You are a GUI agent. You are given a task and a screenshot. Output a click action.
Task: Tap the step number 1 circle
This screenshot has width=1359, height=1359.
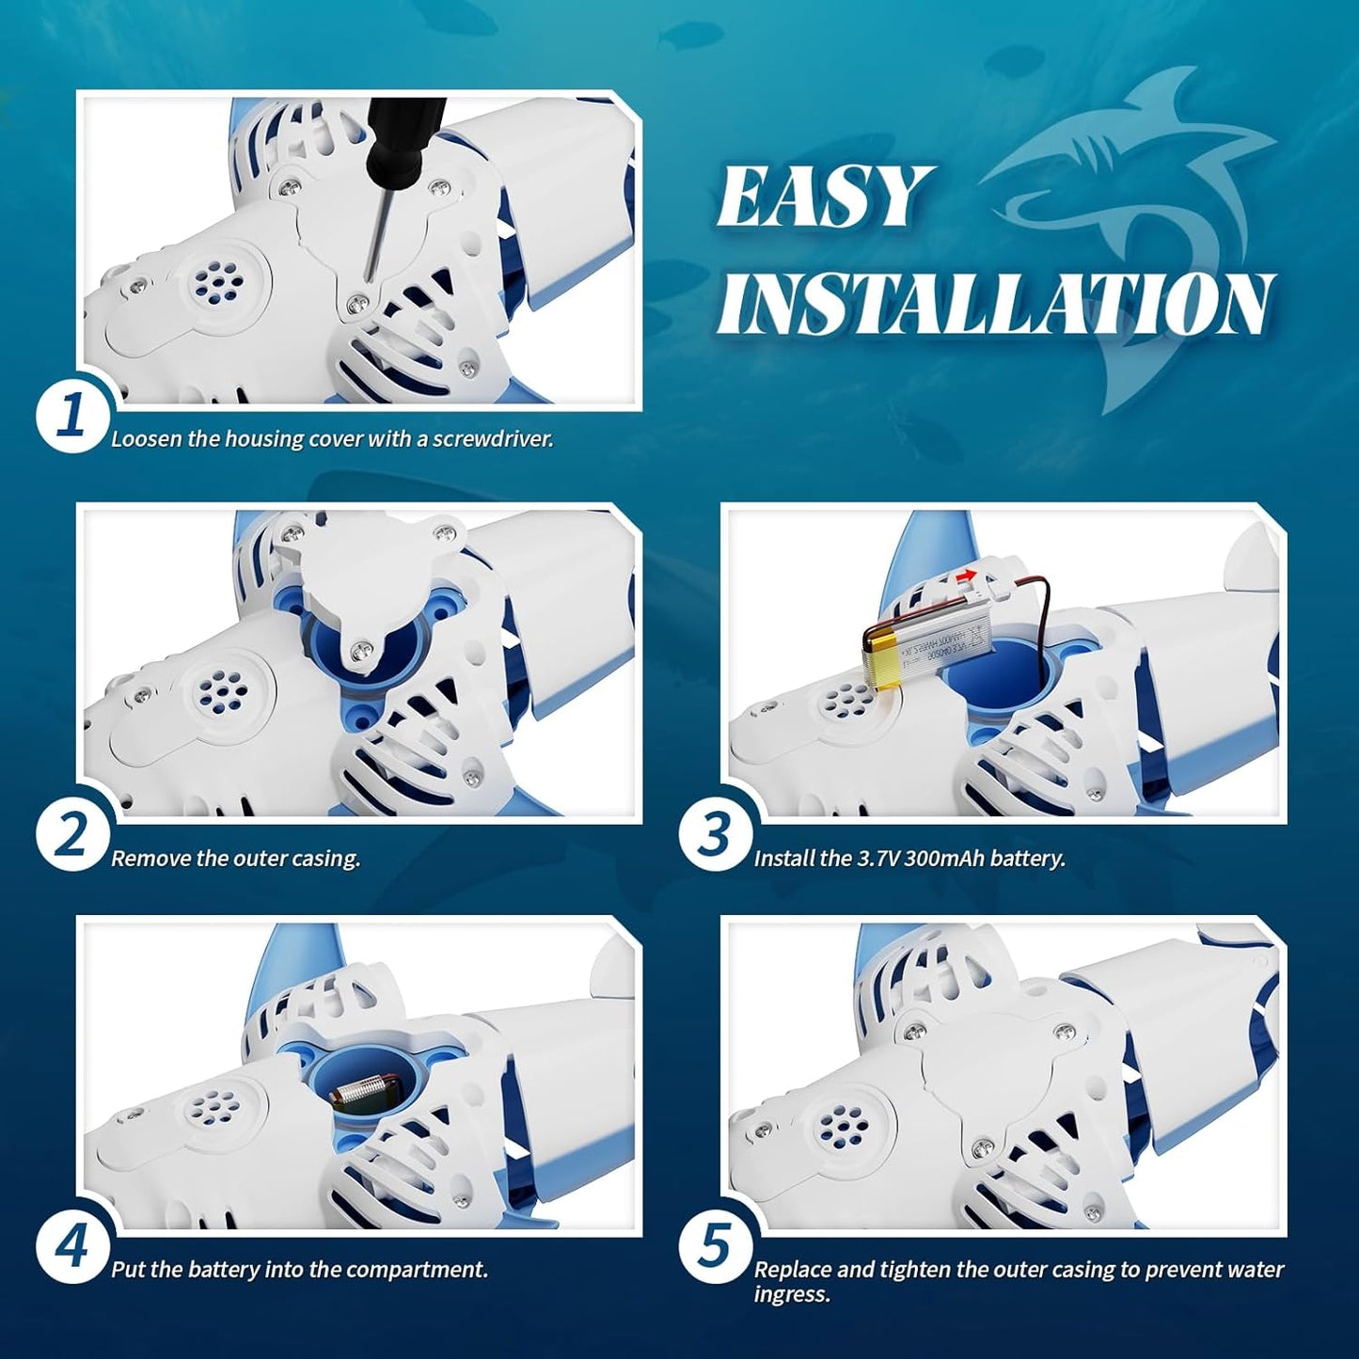(x=71, y=414)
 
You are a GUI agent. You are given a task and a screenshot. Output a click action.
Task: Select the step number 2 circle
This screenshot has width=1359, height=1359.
(x=71, y=833)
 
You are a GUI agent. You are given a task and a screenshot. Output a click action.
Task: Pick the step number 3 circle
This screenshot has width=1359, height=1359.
(x=715, y=833)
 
